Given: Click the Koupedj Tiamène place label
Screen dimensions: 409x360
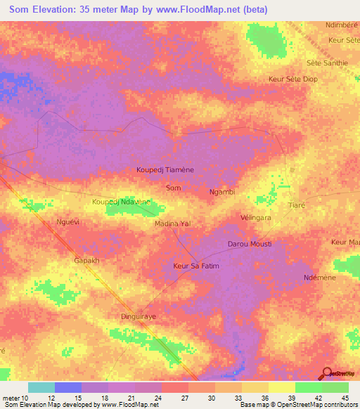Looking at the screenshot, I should click(169, 170).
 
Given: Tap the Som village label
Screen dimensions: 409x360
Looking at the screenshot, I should click(172, 188).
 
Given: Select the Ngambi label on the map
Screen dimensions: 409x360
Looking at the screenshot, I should click(222, 191).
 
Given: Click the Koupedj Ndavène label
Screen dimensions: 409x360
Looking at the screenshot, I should click(122, 202).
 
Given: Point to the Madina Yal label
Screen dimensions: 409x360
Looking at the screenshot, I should click(172, 223).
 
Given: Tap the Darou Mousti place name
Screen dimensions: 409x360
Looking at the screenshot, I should click(249, 244).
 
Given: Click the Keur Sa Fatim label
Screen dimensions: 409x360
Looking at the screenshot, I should click(196, 266).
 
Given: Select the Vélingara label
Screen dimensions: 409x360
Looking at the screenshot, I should click(256, 218).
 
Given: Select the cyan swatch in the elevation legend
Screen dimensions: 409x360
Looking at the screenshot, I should click(41, 387).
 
